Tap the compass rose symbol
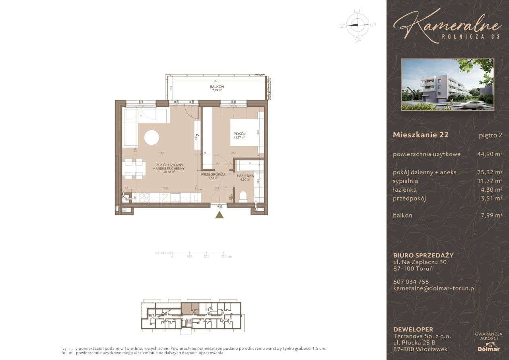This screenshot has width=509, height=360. coord(357,25)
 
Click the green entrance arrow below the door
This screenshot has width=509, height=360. coord(219,215)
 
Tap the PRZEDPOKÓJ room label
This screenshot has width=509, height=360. coord(213,175)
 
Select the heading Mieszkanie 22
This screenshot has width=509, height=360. coord(420,134)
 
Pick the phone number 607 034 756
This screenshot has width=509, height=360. coord(411,282)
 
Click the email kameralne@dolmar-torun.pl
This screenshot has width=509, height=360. coord(434,288)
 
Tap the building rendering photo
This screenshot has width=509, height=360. coord(448,84)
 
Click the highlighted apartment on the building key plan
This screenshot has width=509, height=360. coord(191,308)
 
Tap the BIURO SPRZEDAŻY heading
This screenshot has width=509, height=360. coord(423,255)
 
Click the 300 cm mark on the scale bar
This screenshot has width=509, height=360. coord(224,257)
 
